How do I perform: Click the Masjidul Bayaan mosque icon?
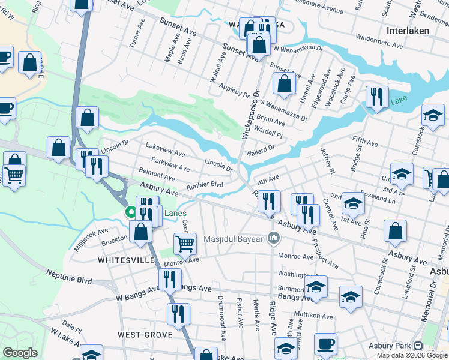coord(274,239)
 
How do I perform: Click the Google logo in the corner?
coord(21,353)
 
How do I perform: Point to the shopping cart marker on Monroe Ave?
coord(185,244)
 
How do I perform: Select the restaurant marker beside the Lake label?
coord(377,97)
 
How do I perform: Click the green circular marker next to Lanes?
coord(130,212)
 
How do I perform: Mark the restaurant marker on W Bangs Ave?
coord(170,279)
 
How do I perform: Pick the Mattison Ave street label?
coord(309,314)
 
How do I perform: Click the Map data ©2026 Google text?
coord(412,355)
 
